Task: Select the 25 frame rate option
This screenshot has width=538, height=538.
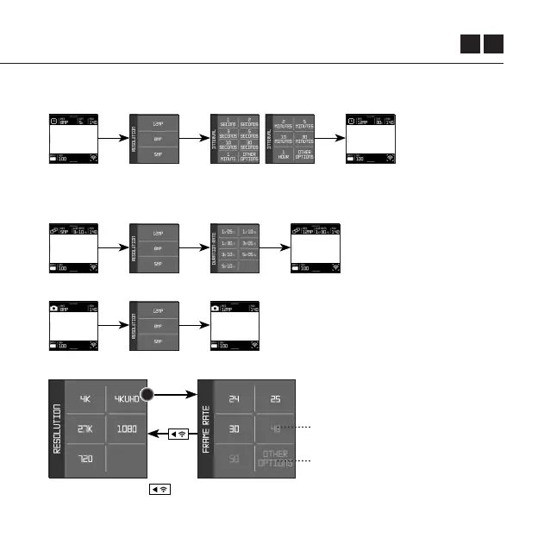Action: (x=276, y=400)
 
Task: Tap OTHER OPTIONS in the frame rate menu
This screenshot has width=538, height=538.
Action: (x=276, y=458)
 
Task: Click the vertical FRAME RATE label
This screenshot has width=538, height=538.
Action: (x=207, y=429)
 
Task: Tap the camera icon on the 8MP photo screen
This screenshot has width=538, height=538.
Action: (x=53, y=307)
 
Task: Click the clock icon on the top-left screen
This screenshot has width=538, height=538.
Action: (x=53, y=121)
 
